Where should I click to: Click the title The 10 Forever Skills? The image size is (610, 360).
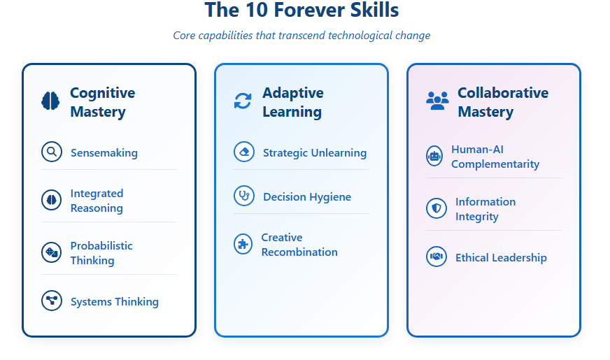click(302, 10)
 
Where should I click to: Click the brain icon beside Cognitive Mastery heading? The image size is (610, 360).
click(50, 101)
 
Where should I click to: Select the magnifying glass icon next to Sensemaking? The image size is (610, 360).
click(52, 152)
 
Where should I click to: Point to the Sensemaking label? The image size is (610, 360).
click(104, 153)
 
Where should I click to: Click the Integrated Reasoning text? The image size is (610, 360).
click(97, 201)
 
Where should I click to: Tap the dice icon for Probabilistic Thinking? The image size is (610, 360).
click(51, 252)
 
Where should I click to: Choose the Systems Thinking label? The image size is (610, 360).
click(115, 302)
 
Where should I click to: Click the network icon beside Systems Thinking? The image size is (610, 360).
click(52, 301)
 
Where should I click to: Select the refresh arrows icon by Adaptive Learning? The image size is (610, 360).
click(243, 101)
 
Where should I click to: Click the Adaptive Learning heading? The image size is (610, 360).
click(292, 102)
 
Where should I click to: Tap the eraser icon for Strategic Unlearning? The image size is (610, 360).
click(244, 152)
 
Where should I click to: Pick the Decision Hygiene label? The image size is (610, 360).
click(307, 196)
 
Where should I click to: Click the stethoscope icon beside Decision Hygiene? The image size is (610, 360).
click(244, 196)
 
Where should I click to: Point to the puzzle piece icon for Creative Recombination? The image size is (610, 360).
click(243, 244)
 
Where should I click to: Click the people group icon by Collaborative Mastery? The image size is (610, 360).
click(437, 101)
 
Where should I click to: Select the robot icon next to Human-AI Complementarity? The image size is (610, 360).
click(434, 156)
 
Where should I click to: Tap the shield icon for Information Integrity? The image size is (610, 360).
click(437, 208)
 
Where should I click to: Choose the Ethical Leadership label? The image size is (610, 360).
click(501, 258)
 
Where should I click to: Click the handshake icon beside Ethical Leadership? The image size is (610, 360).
click(437, 257)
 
